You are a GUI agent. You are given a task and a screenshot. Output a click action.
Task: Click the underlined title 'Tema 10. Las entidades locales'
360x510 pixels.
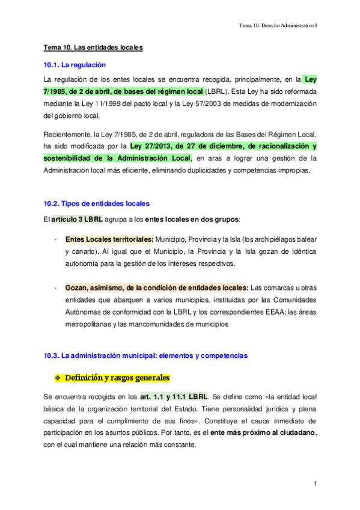click(93, 48)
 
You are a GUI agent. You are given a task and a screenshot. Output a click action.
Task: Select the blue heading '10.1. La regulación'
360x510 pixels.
click(75, 65)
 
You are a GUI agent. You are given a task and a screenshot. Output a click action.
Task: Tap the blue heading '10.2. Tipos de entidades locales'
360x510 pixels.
click(96, 203)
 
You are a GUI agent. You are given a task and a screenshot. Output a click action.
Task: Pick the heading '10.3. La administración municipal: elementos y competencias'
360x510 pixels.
click(145, 356)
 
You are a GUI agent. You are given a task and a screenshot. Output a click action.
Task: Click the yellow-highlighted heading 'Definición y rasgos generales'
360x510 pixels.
click(118, 378)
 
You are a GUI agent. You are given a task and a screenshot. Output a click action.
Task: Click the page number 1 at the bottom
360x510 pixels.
click(314, 484)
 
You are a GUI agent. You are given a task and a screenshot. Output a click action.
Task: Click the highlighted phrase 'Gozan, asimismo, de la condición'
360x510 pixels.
click(120, 287)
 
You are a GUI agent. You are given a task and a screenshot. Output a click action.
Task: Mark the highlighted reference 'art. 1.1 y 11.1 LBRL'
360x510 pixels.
click(174, 397)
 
